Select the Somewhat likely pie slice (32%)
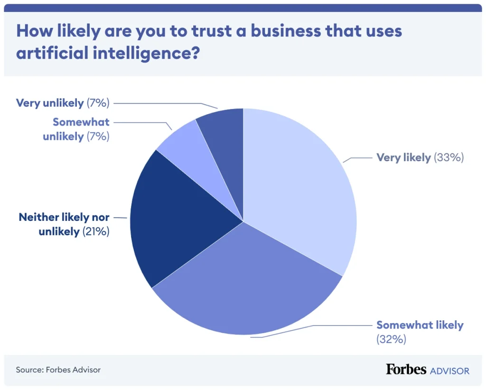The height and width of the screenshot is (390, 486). coord(247,284)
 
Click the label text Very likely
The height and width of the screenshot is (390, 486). coord(403,158)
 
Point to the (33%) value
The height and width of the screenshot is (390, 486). coord(449,158)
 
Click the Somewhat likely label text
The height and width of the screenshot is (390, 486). coord(420,325)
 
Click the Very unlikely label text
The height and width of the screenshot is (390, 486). coord(50,102)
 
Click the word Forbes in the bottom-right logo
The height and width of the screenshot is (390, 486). coord(406,369)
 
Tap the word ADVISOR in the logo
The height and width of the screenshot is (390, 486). coord(449,370)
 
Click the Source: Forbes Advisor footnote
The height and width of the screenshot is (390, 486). coord(58,370)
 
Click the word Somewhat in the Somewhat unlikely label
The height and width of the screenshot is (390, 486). coord(81,122)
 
